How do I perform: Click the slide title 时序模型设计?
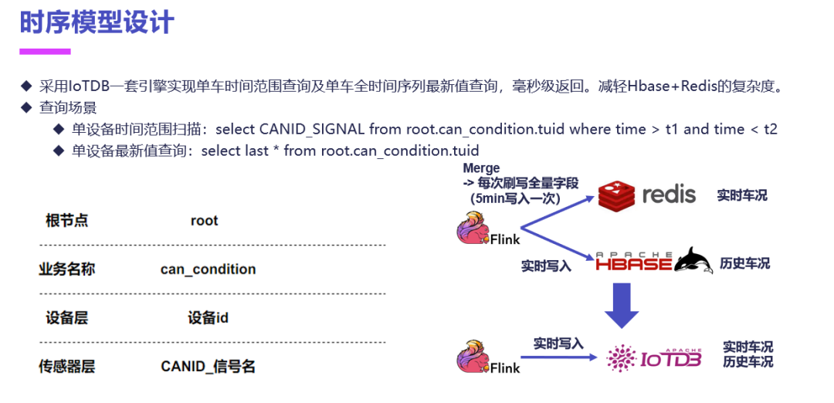coord(97,22)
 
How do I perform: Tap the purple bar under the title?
coord(45,52)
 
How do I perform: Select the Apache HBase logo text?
coord(633,262)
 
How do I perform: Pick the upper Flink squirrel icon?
coord(473,229)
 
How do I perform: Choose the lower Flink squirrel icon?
coord(473,357)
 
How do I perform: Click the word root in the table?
coord(205,221)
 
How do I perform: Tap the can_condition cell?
coord(208,269)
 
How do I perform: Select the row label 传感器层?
coord(67,367)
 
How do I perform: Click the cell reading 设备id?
coord(208,318)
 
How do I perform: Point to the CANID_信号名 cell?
coord(208,367)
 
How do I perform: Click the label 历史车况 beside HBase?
coord(744,263)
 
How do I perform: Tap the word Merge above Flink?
coord(481,168)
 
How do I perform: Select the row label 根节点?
coord(67,221)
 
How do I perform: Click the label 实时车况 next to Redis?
coord(742,195)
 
